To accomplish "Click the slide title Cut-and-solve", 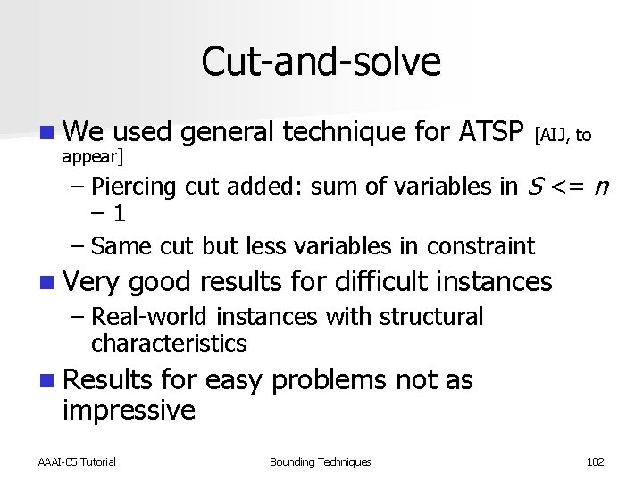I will coord(321,62).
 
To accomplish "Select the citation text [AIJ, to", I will coord(563,136).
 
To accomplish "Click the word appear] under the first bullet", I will coord(94,158).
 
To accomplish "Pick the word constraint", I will coord(481,245).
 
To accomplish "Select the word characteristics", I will coord(169,343).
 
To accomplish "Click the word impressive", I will coord(129,411).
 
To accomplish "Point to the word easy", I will coord(234,380).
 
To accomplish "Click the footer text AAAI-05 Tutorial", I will coord(78,461).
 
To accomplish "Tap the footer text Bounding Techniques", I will coord(320,461).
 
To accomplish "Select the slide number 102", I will coord(595,461).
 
